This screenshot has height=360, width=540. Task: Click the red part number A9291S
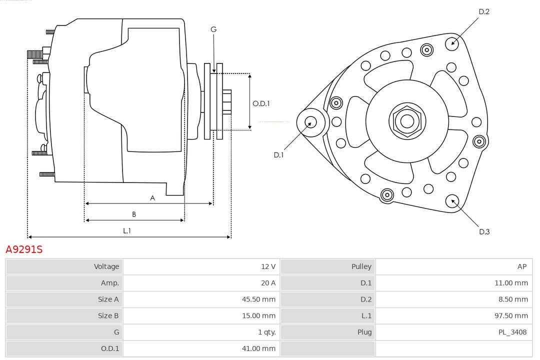click(x=24, y=249)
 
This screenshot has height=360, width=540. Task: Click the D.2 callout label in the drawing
click(x=484, y=11)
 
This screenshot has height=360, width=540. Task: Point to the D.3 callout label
click(x=484, y=231)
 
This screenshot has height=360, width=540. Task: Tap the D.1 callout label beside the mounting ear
click(x=278, y=155)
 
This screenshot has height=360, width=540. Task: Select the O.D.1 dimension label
click(x=261, y=103)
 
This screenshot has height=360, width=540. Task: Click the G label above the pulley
click(x=213, y=29)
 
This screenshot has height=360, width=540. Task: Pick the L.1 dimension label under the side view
click(x=127, y=230)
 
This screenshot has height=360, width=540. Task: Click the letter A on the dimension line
click(x=152, y=198)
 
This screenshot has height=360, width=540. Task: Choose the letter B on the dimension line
click(x=134, y=214)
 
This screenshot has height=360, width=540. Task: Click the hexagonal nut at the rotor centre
click(x=407, y=121)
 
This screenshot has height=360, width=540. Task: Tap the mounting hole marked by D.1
click(x=310, y=121)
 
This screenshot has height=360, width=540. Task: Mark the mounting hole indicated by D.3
click(x=453, y=201)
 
